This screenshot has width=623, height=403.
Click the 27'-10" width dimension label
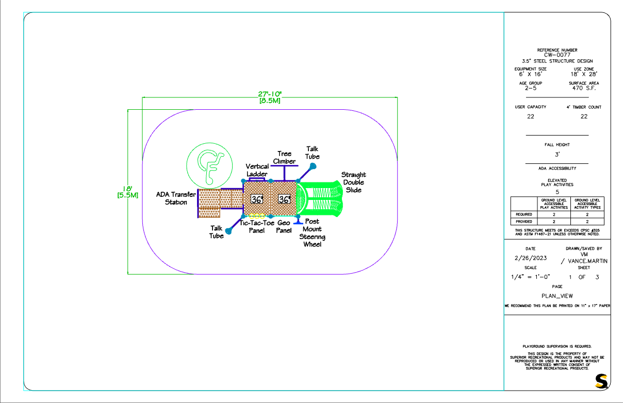(270, 97)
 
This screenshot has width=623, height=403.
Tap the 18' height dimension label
(128, 192)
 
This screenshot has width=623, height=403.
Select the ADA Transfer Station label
(176, 198)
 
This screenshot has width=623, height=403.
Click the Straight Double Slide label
(353, 182)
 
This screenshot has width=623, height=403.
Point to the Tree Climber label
(284, 157)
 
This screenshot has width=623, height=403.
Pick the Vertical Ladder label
(257, 170)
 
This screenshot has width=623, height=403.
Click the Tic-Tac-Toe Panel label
(257, 227)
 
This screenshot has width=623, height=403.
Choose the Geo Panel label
(284, 227)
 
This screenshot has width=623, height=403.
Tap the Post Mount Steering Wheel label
(312, 233)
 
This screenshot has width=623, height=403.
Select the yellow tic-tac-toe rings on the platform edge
(257, 216)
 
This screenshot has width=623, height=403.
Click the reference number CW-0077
(557, 55)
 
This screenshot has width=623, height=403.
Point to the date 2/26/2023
(531, 258)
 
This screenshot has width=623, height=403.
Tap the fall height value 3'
(557, 154)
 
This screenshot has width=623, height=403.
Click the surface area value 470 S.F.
(584, 88)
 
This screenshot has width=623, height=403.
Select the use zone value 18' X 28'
(584, 74)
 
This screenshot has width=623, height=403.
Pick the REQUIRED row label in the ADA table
(524, 214)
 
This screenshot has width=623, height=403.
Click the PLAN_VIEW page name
(557, 296)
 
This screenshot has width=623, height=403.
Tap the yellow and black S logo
(601, 381)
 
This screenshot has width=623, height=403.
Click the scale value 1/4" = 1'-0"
(531, 277)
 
